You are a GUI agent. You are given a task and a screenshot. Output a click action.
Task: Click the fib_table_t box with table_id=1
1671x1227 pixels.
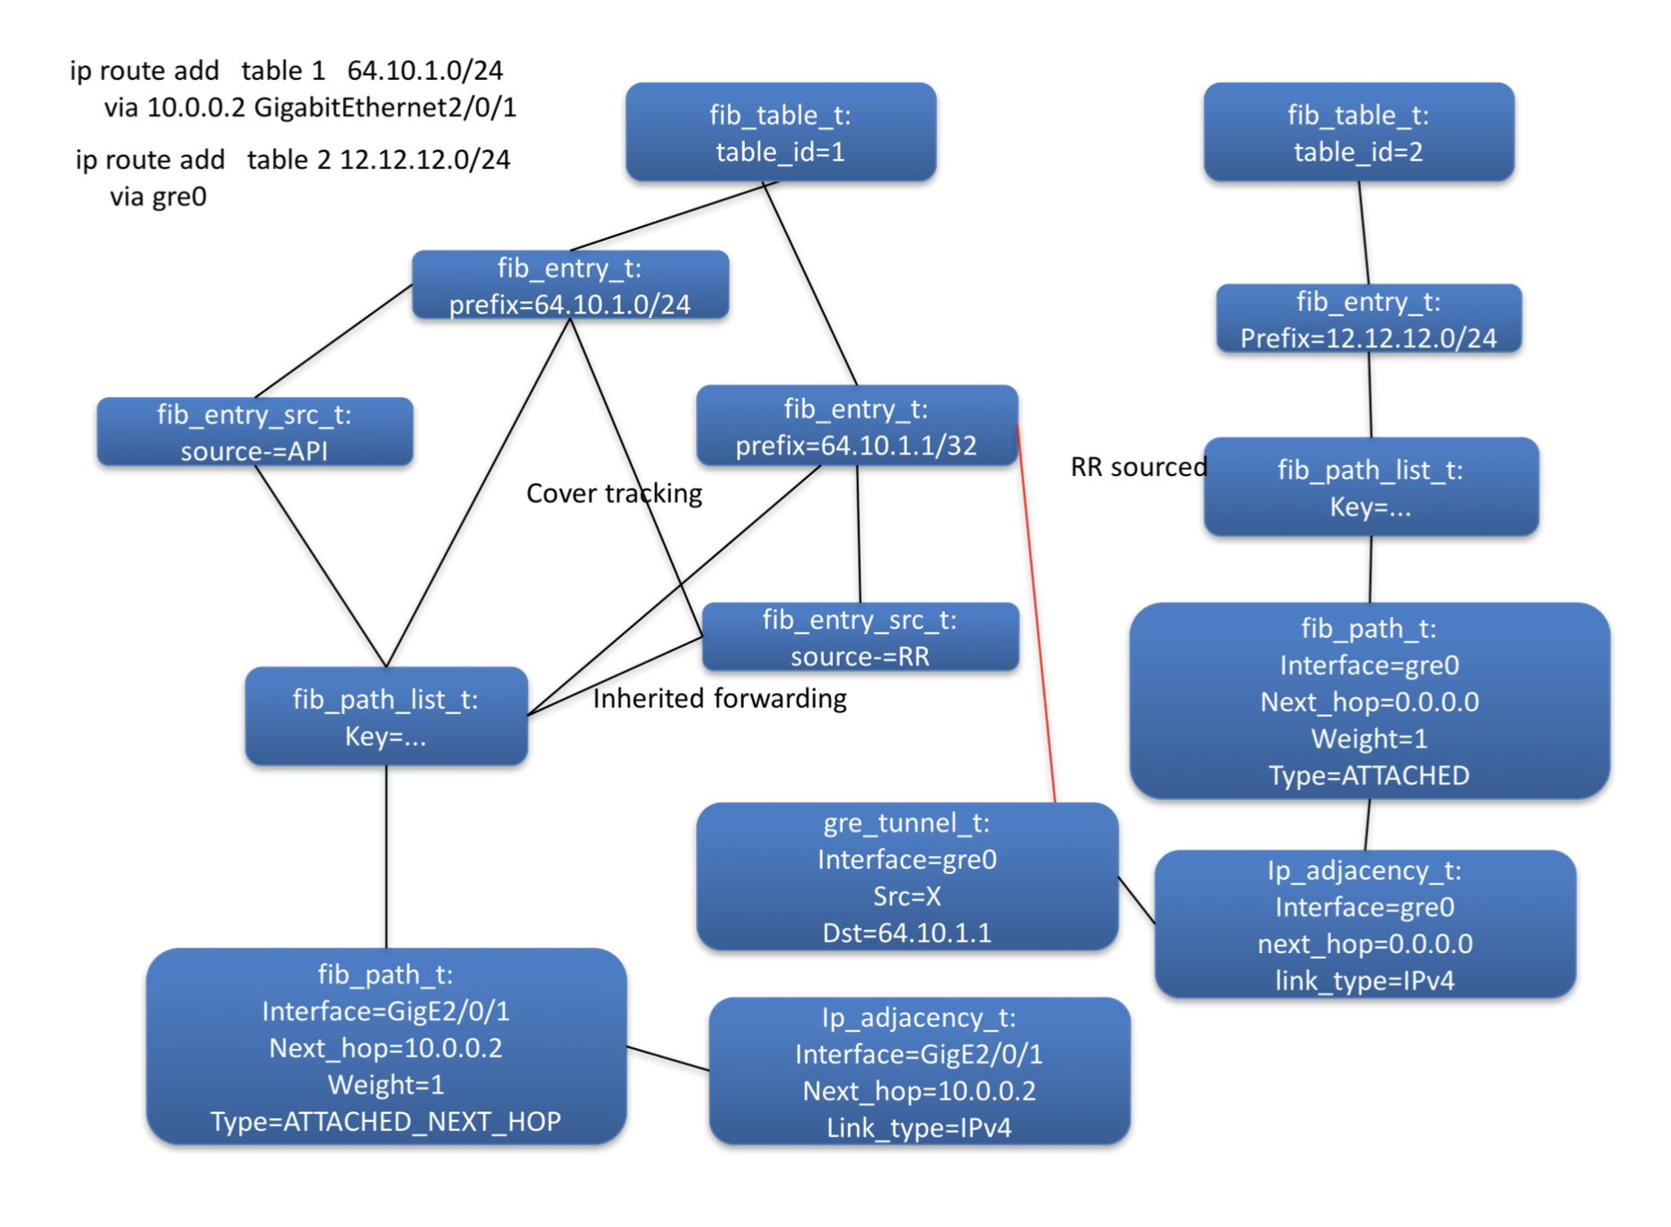[780, 132]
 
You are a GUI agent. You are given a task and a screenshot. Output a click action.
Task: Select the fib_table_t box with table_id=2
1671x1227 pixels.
[1357, 132]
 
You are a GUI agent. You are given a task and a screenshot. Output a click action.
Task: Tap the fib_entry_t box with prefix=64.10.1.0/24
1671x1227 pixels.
[570, 285]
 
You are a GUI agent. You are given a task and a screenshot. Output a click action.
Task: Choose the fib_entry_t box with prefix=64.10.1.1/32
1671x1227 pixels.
[855, 426]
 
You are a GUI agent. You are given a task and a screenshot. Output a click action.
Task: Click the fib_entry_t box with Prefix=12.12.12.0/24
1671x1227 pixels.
[1367, 319]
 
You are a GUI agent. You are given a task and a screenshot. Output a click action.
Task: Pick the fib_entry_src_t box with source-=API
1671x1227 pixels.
[254, 432]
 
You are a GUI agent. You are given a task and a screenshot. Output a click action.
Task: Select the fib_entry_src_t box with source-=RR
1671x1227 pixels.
[859, 637]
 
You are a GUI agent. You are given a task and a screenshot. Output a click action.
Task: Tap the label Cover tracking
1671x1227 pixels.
[614, 493]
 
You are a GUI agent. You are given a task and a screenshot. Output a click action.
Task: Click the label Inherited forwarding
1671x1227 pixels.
[719, 698]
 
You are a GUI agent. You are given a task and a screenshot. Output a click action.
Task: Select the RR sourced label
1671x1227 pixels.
[1137, 467]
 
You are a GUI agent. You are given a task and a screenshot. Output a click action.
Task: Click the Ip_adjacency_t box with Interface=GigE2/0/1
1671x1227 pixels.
[918, 1071]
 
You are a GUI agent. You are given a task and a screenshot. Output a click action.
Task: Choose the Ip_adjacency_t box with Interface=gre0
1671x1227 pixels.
[1364, 924]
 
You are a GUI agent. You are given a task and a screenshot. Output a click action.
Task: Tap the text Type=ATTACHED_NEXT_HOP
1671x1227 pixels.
[385, 1121]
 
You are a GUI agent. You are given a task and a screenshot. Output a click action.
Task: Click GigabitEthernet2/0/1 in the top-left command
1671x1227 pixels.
[385, 108]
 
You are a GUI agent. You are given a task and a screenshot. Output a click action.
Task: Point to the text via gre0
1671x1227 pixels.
[158, 197]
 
